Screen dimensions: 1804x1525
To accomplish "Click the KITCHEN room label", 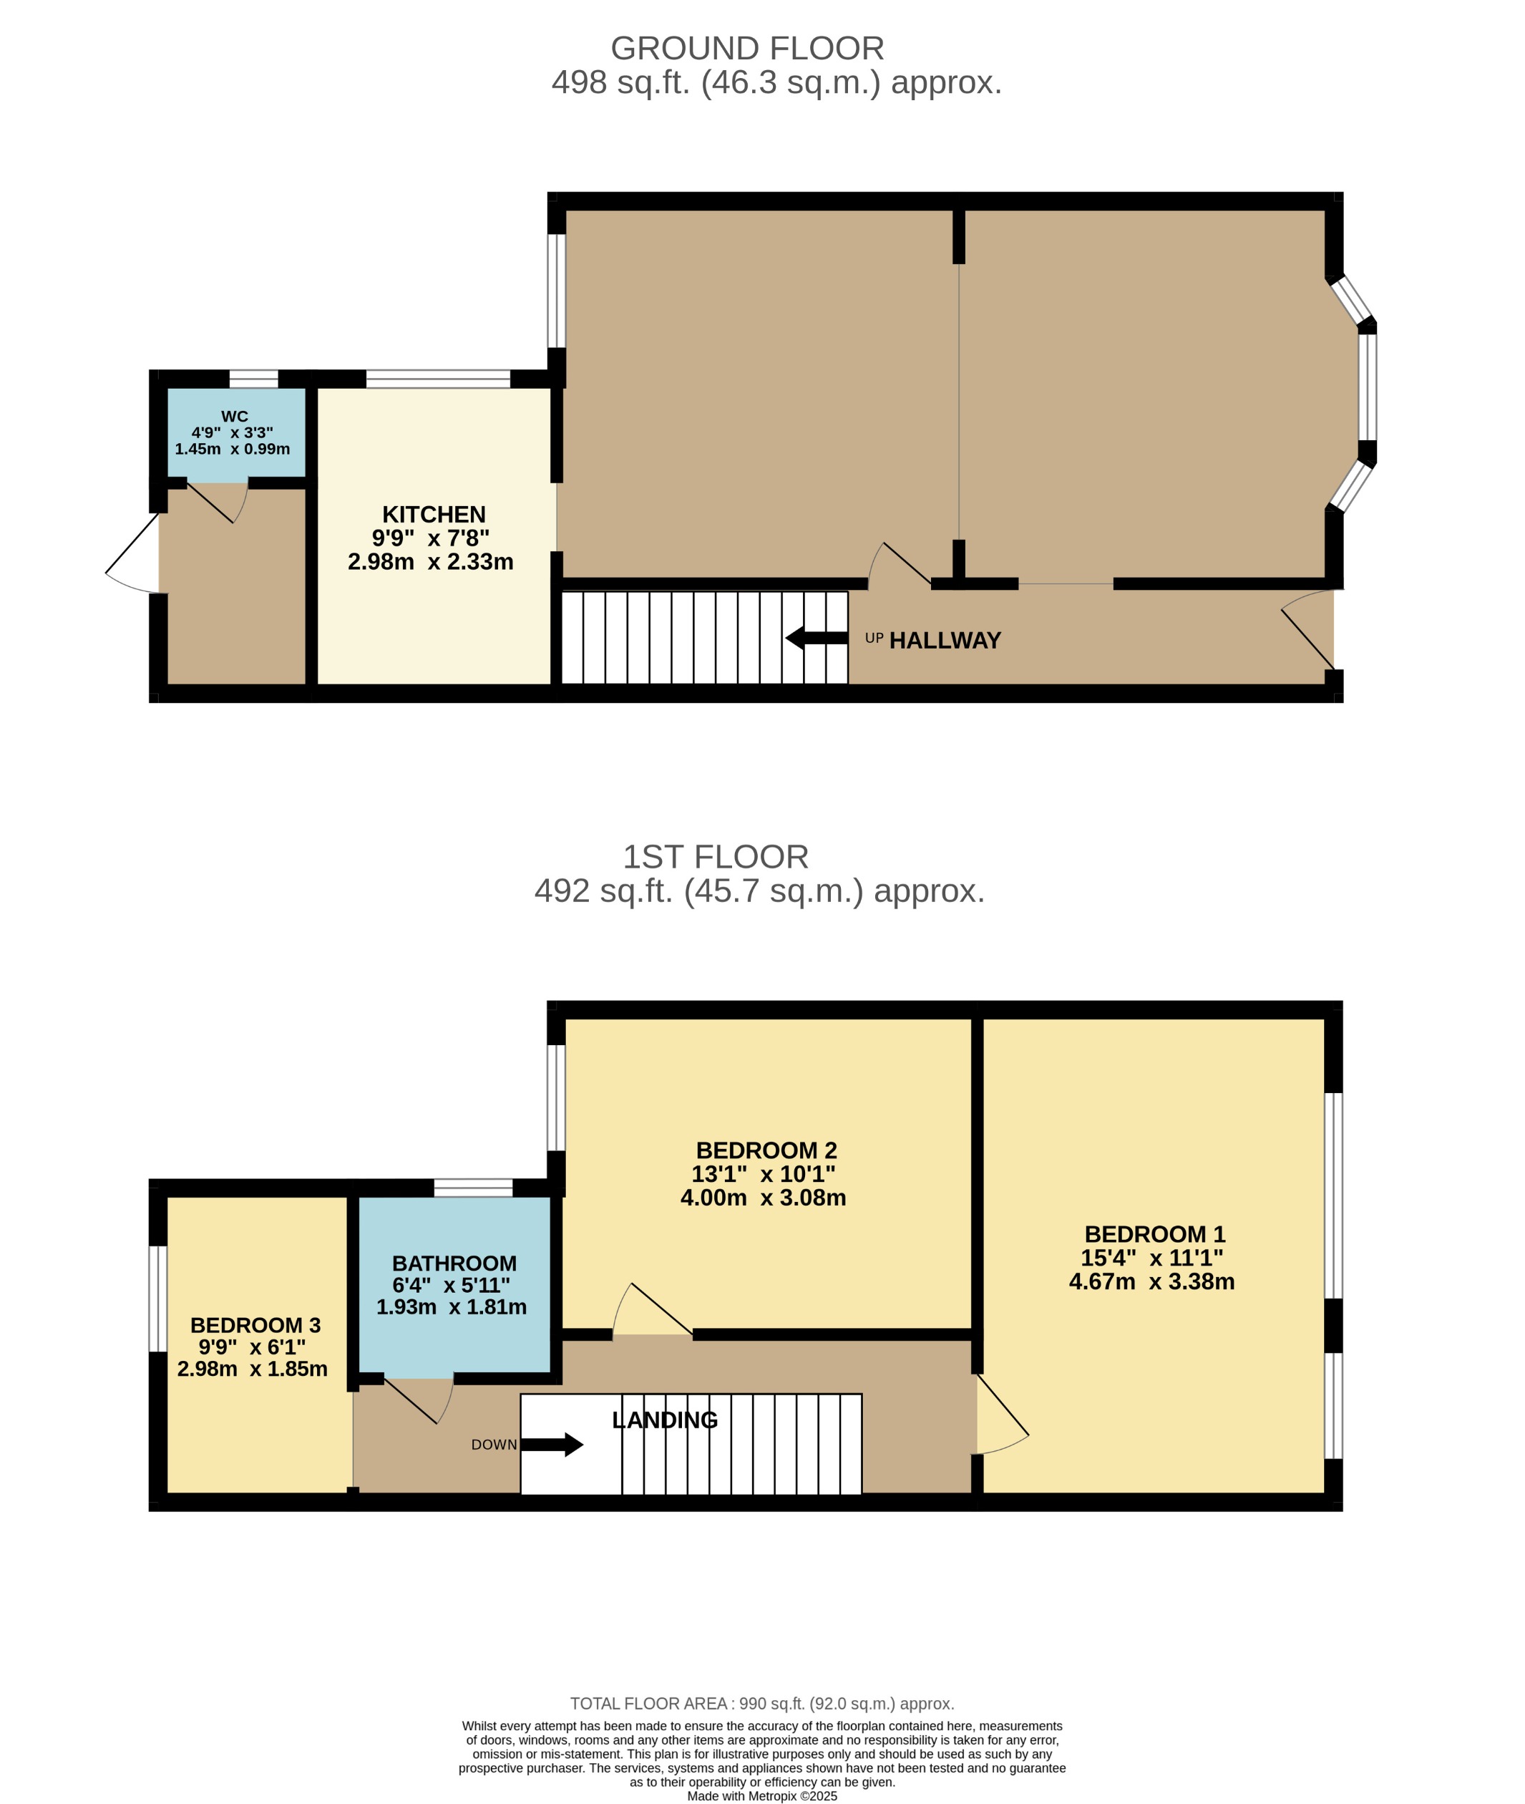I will (x=433, y=515).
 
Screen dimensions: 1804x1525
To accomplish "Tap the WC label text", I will (x=234, y=417).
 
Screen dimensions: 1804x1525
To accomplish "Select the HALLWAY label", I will (x=944, y=641).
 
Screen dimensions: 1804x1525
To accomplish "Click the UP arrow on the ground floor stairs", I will (x=816, y=639).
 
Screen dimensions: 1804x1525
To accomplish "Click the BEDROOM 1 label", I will (x=1154, y=1234).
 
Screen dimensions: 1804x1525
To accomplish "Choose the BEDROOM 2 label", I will (x=766, y=1150).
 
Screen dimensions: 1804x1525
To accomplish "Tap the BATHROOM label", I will (x=454, y=1264).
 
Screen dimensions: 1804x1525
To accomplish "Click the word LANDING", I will (x=664, y=1420).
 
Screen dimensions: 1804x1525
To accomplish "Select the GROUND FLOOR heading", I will (x=747, y=49).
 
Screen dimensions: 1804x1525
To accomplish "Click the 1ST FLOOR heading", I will (x=715, y=857).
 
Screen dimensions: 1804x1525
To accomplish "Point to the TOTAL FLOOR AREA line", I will (x=761, y=1704).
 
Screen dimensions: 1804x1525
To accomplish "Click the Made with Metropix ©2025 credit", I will (x=761, y=1796).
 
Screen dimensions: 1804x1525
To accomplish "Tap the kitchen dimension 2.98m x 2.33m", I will (x=431, y=562).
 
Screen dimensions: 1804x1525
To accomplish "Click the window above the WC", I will (x=253, y=379).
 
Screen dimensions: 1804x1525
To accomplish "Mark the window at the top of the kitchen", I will (x=437, y=379).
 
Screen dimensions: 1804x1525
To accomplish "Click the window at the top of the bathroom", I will (x=473, y=1188).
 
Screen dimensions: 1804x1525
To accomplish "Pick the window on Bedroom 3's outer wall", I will (x=158, y=1298).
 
